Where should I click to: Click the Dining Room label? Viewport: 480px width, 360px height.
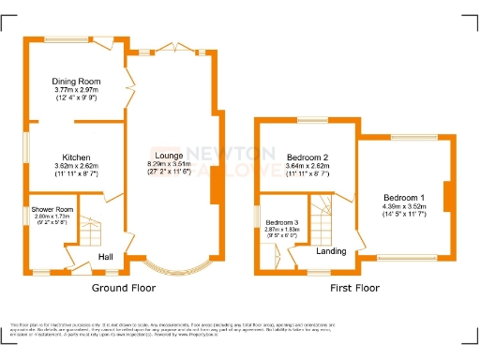[x=76, y=82]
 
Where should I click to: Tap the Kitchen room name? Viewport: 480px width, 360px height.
[x=76, y=157]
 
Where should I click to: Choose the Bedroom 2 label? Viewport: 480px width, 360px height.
[x=307, y=157]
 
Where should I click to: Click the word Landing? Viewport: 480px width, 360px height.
[x=330, y=251]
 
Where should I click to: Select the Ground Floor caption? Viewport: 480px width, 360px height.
[x=123, y=287]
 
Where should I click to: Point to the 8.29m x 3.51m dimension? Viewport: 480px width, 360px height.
[x=169, y=165]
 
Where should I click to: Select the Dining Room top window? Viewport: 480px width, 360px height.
[x=67, y=38]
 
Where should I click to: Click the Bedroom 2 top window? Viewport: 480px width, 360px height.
[x=307, y=118]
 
